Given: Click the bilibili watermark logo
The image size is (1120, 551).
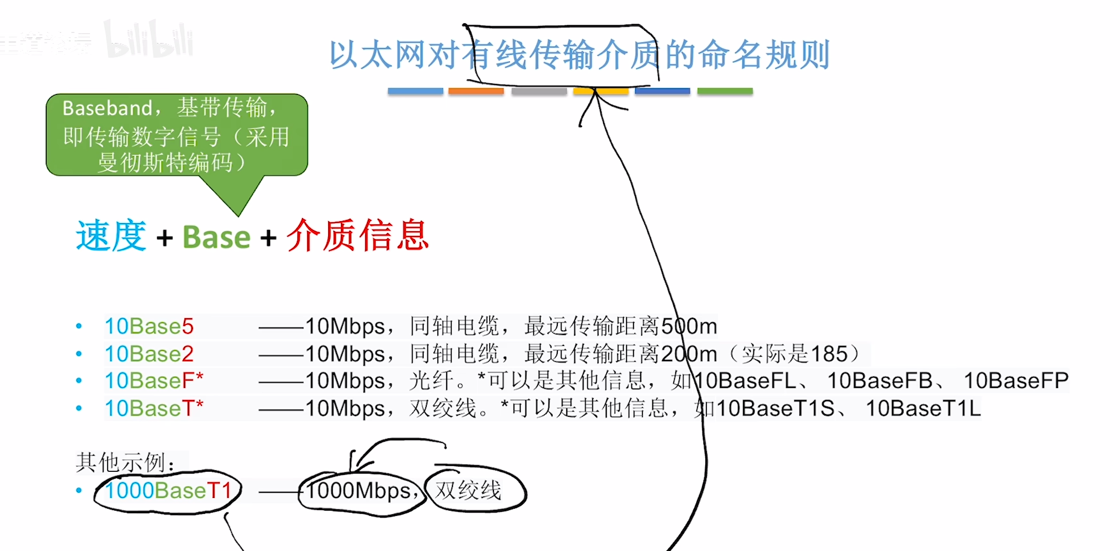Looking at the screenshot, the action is click(149, 39).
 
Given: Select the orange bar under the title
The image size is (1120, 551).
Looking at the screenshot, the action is click(476, 91).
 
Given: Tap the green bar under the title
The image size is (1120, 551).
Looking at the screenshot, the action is click(725, 91).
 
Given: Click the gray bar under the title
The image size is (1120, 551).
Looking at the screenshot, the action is click(539, 91).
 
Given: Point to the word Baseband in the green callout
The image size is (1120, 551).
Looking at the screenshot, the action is click(107, 108).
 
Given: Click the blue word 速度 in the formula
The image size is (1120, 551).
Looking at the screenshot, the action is click(111, 236).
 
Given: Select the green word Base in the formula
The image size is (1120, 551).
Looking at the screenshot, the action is click(217, 237).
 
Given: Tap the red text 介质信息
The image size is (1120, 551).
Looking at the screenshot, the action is click(358, 235).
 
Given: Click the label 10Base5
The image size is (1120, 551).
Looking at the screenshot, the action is click(149, 326).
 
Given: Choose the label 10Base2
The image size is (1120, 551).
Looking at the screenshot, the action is click(149, 354).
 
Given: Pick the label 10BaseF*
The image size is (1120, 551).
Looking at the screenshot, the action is click(154, 381).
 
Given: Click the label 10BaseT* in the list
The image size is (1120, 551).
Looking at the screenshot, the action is click(154, 408).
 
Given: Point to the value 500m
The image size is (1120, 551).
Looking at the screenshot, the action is click(689, 326).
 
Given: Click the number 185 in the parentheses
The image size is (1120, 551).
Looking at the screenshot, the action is click(829, 354).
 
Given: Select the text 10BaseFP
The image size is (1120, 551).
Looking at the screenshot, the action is click(1016, 381).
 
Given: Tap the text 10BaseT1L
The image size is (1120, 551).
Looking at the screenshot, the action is click(923, 408).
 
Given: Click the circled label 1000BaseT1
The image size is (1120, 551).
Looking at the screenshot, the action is click(168, 491).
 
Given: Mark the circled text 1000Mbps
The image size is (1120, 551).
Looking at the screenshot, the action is click(359, 491).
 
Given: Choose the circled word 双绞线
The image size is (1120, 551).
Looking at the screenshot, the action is click(468, 491).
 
